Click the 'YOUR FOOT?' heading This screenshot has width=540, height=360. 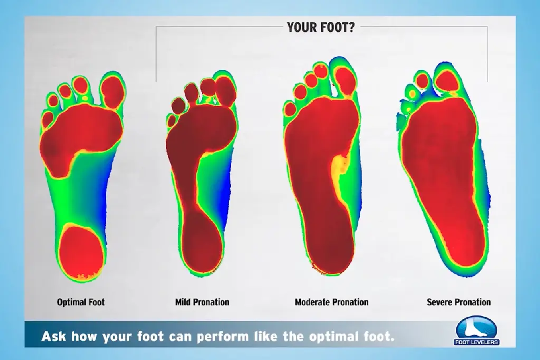(321, 27)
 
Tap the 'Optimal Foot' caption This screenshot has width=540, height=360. (81, 302)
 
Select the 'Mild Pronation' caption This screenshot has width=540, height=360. (202, 302)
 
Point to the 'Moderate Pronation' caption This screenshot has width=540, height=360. (332, 302)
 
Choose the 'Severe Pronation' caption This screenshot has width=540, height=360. (459, 302)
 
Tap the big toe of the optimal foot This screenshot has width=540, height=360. (112, 90)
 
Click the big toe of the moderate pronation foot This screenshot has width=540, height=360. (345, 80)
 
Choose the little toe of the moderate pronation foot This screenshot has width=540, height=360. (290, 109)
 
